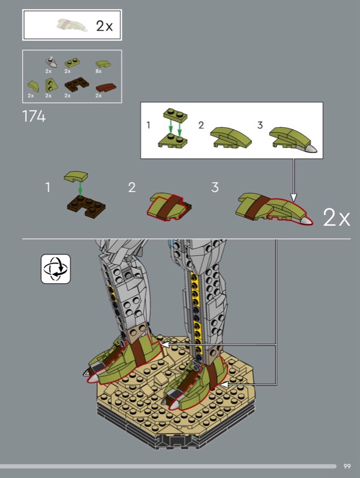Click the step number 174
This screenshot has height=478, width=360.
coord(34,117)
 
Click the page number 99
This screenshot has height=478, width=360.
coord(347,466)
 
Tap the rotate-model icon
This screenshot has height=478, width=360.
coord(56,269)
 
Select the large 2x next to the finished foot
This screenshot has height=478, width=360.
coord(337,217)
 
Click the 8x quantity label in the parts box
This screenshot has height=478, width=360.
coord(98,71)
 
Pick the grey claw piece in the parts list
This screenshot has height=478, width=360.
coord(51,62)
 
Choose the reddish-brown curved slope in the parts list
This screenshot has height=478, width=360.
coord(106,88)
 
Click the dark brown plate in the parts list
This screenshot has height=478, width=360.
coord(77,85)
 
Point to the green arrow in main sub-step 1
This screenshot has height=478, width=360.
coord(80,188)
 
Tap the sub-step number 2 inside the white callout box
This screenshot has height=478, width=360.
coord(201,125)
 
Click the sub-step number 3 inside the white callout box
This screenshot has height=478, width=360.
coord(260,125)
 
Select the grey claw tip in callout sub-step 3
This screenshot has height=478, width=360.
coord(310,148)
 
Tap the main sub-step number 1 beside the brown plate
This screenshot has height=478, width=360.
coord(48,187)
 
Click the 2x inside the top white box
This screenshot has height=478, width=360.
coord(104,26)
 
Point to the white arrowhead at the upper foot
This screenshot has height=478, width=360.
coord(165,345)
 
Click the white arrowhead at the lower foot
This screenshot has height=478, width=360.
coord(224,384)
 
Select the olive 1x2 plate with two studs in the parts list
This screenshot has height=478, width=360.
coord(72,63)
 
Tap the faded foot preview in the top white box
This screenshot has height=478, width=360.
coord(72,25)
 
